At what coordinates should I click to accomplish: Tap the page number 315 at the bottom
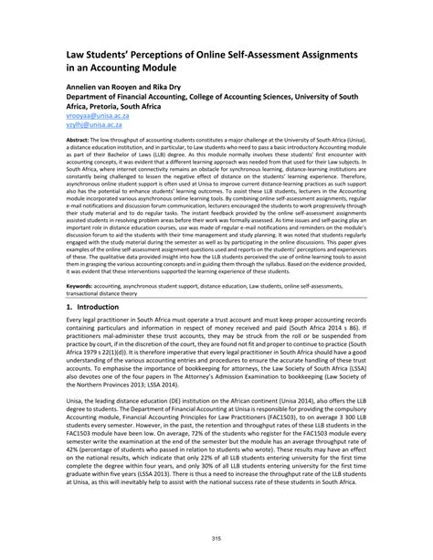(x=216, y=537)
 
